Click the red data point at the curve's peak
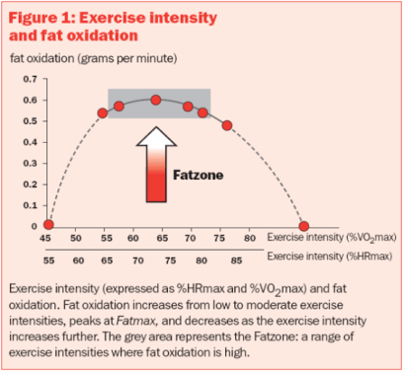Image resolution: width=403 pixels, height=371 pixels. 156,100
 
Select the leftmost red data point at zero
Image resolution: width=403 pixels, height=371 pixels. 48,226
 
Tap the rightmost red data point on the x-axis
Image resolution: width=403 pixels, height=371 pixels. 304,226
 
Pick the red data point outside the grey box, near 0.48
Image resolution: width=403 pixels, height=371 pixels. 227,125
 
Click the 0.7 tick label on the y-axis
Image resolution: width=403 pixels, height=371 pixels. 29,78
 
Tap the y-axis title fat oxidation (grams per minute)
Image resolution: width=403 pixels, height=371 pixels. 93,58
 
